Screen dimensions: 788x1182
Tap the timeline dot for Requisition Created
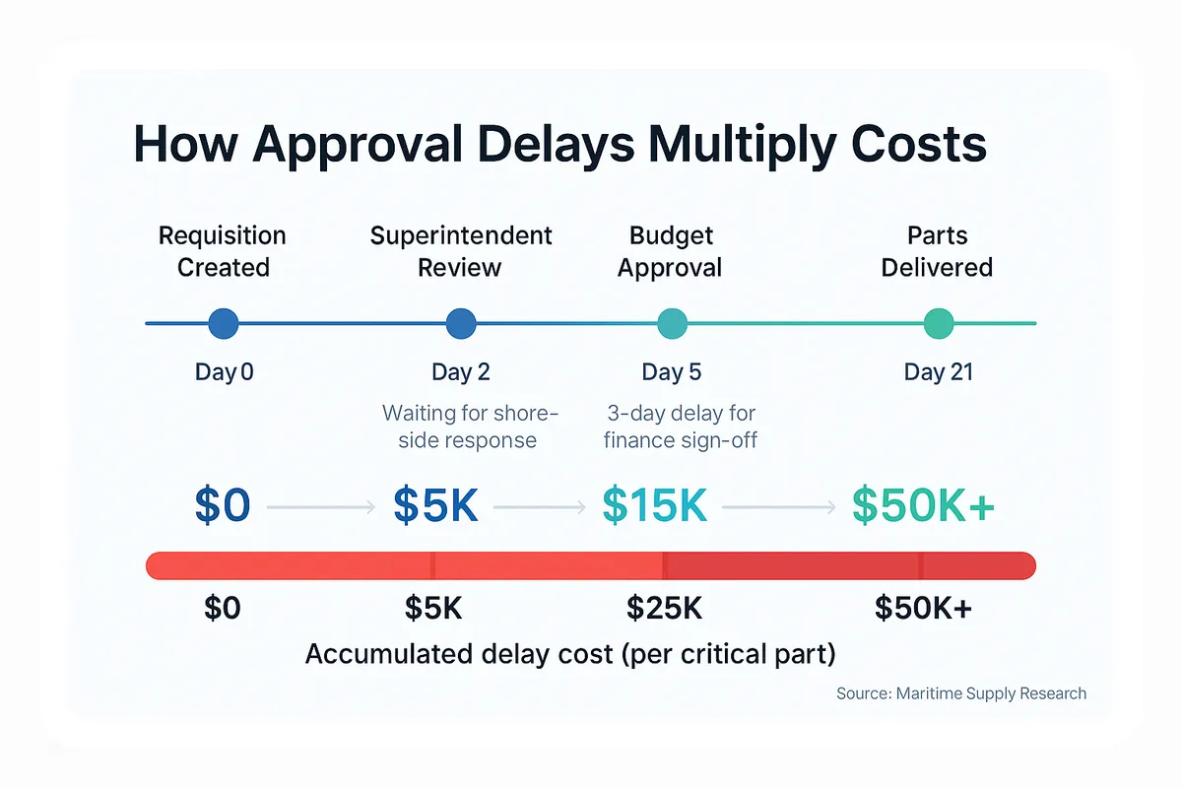224,323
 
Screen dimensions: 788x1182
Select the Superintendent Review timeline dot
461,323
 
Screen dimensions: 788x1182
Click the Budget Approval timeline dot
672,323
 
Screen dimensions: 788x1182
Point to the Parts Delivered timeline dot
939,323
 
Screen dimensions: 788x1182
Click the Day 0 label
224,372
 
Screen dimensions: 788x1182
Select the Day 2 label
460,372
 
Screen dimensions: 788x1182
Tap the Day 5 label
672,372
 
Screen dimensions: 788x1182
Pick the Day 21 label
938,372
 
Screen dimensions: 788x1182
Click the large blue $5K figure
435,505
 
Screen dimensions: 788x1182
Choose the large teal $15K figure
654,505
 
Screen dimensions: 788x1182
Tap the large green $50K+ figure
923,505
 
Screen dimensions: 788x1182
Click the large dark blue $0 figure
223,505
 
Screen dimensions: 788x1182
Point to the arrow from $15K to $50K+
779,507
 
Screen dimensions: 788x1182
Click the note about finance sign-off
681,427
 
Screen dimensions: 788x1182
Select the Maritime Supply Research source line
961,693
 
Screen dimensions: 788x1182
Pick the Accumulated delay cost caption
569,654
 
